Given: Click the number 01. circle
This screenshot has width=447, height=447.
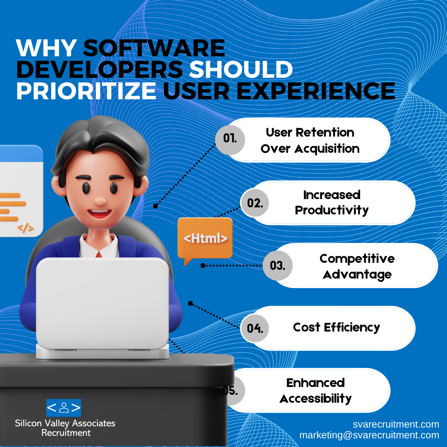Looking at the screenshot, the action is click(230, 140).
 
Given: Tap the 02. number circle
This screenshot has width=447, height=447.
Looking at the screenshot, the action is click(255, 203).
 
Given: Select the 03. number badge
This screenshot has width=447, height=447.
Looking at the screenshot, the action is click(277, 265).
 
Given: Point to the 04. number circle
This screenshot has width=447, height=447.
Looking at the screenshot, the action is click(255, 328).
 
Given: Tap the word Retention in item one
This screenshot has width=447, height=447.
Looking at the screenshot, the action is click(325, 132).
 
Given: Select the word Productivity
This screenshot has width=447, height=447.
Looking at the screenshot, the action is click(332, 211).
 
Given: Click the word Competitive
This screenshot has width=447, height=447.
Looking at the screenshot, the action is click(357, 259).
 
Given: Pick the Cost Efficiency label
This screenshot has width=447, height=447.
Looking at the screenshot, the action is click(336, 327).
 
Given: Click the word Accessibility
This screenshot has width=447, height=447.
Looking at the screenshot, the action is click(315, 399).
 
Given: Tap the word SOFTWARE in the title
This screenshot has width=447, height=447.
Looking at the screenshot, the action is click(154, 48).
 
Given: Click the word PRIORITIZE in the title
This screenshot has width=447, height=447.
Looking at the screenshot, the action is click(86, 91).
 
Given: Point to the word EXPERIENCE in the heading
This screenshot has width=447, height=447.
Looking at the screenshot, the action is click(315, 91).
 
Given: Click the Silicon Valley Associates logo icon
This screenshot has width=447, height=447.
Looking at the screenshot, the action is click(64, 408).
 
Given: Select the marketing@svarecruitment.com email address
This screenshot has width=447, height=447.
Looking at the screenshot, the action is click(369, 435).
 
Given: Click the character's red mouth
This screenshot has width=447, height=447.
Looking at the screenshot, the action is click(99, 213).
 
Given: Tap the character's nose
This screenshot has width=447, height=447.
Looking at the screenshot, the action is click(100, 201).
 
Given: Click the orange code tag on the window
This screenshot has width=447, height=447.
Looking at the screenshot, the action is click(25, 228).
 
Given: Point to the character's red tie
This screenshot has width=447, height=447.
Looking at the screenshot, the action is click(99, 254).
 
